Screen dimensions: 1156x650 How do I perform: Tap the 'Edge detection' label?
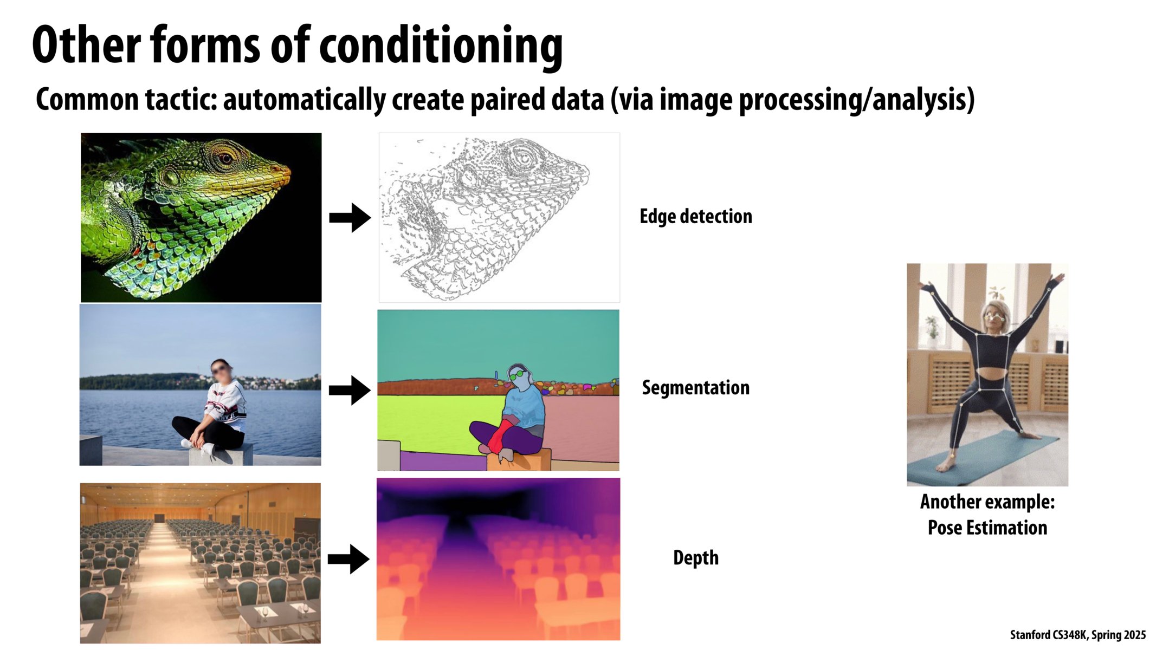pyautogui.click(x=696, y=217)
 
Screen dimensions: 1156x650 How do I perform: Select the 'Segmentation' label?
pyautogui.click(x=696, y=388)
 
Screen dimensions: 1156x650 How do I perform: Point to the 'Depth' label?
pyautogui.click(x=696, y=558)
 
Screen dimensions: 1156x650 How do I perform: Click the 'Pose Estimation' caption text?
pyautogui.click(x=987, y=528)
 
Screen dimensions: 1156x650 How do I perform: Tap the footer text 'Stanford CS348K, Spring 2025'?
pyautogui.click(x=1078, y=635)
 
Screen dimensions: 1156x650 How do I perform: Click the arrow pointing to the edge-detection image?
pyautogui.click(x=350, y=218)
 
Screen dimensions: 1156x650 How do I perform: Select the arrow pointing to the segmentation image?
pyautogui.click(x=350, y=390)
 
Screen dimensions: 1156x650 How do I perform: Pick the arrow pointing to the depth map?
pyautogui.click(x=349, y=559)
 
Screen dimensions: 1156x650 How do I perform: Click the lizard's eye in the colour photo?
pyautogui.click(x=224, y=158)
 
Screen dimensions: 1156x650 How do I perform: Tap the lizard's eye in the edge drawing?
pyautogui.click(x=523, y=158)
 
